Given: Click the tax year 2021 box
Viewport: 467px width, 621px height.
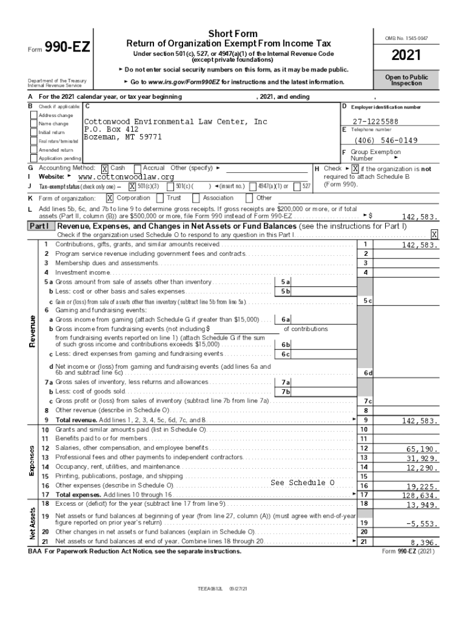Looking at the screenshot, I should [x=406, y=56].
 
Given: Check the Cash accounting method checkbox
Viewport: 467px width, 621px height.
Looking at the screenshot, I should [x=105, y=169].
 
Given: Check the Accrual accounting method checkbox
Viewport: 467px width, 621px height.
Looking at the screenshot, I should [x=138, y=168].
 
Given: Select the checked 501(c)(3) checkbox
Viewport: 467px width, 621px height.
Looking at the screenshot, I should [x=132, y=186].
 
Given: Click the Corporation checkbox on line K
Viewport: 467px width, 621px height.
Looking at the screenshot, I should [x=110, y=198].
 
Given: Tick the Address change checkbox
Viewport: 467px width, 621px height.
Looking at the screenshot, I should [x=34, y=115].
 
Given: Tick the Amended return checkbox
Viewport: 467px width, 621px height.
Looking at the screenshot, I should [x=34, y=150].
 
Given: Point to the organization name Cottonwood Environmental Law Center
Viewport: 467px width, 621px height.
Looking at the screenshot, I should [x=175, y=122].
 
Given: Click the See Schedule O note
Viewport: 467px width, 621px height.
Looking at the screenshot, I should [x=302, y=483].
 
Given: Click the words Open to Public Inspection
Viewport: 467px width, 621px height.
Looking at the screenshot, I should [x=406, y=81].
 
